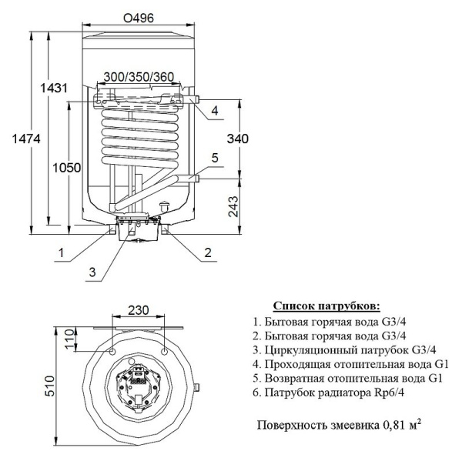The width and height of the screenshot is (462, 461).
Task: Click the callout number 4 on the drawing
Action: click(x=215, y=110)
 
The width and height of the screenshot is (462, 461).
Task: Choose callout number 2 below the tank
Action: click(x=208, y=252)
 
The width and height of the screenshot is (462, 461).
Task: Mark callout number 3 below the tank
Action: click(x=91, y=272)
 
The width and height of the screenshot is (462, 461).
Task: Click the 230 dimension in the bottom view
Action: click(x=139, y=312)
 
